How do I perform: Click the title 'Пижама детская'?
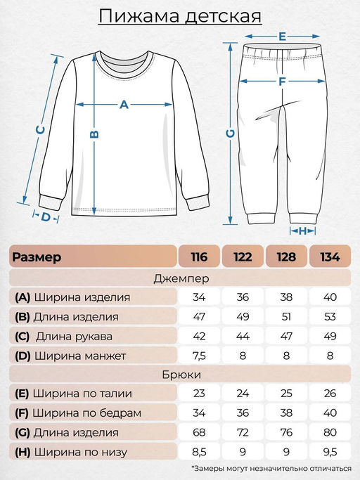pos(179,16)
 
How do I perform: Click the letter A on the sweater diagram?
pos(124,105)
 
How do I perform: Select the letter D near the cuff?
pos(46,217)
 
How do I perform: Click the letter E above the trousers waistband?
pos(281,36)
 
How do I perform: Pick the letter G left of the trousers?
pos(230,133)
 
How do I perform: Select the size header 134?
pos(329,257)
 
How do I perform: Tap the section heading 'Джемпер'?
pos(179,278)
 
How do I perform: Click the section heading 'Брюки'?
pos(179,375)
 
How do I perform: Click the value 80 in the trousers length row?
pos(329,432)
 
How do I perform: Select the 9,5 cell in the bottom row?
pos(329,452)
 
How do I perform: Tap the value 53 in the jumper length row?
pos(329,317)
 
